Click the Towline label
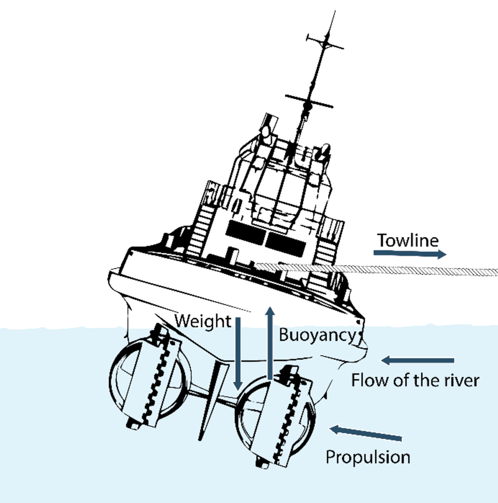pos(408,241)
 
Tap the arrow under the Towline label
pos(410,254)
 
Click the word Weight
pos(203,321)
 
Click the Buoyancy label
pos(318,334)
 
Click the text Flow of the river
pos(415,381)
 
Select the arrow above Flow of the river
pos(417,360)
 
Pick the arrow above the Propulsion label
pos(366,433)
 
